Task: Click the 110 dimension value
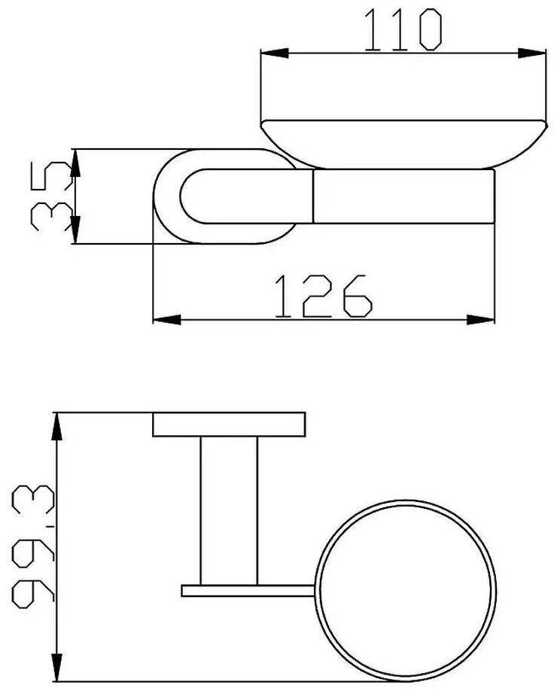pyautogui.click(x=403, y=30)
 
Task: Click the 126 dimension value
pyautogui.click(x=324, y=296)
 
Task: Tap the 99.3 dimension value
pyautogui.click(x=33, y=546)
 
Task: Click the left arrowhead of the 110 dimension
pyautogui.click(x=275, y=53)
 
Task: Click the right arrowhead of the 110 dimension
pyautogui.click(x=532, y=53)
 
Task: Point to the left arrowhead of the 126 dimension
pyautogui.click(x=166, y=319)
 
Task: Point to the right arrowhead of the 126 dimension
pyautogui.click(x=480, y=319)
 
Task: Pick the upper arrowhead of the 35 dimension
pyautogui.click(x=75, y=163)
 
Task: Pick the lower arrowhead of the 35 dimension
pyautogui.click(x=75, y=230)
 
